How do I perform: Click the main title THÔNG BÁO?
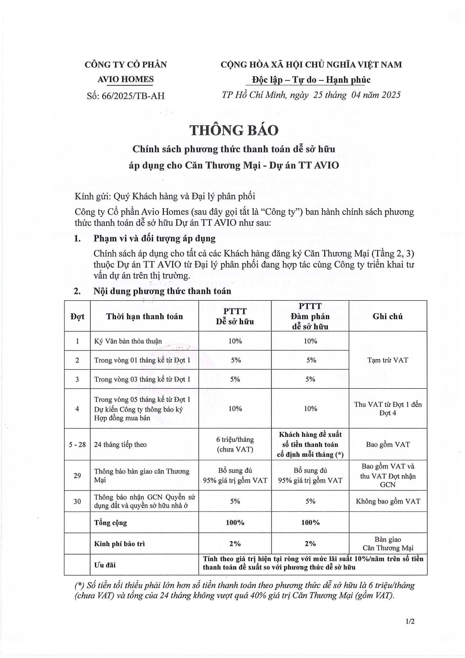pos(234,130)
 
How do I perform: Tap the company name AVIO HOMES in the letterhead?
pos(126,79)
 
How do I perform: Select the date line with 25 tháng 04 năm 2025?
pos(311,95)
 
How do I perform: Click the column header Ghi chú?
pos(388,316)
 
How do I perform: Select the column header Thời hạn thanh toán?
pos(144,316)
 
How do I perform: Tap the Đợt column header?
pos(77,317)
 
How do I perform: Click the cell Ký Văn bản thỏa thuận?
pos(128,341)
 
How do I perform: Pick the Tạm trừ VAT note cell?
pos(388,360)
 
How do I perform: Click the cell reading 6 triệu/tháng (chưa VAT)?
pos(235,444)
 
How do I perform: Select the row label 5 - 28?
pos(77,444)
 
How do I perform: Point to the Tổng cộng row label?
pos(111,522)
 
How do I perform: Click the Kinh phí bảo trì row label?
pos(119,544)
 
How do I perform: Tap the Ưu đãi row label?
pos(105,565)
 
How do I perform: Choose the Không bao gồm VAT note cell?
pos(388,501)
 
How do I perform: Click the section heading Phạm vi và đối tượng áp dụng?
pos(155,238)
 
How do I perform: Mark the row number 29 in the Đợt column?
pos(77,476)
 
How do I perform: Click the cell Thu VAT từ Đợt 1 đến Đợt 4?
pos(388,409)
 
